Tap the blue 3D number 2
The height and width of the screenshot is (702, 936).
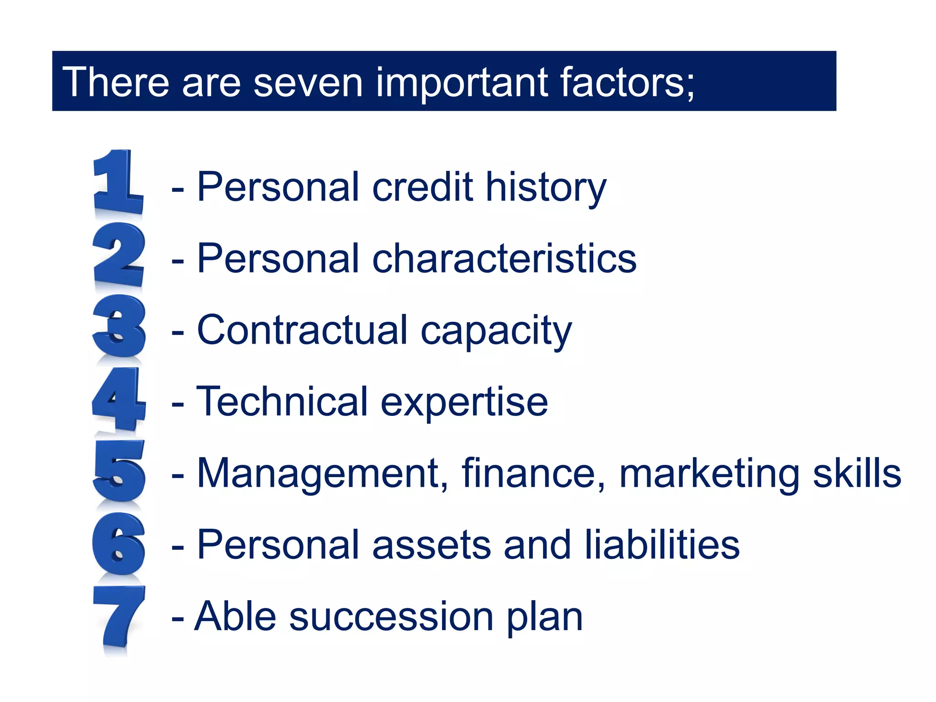click(x=119, y=255)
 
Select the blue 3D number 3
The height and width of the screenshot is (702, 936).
click(x=119, y=326)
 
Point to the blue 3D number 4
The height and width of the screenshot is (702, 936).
click(x=119, y=399)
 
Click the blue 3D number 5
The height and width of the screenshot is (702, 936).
click(x=119, y=471)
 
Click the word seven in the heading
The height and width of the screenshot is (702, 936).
click(x=308, y=82)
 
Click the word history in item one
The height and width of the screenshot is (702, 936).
click(x=546, y=187)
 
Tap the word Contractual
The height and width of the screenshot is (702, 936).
click(x=302, y=330)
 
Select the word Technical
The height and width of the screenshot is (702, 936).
click(x=282, y=401)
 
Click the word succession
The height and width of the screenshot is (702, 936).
click(x=391, y=617)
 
